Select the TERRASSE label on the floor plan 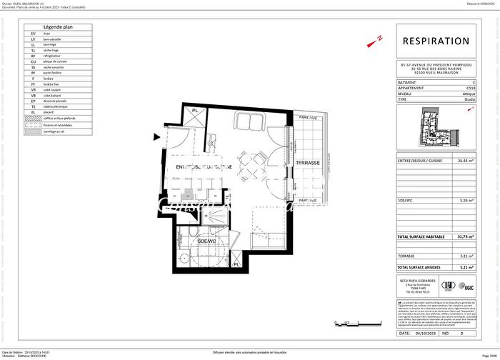[x=308, y=163]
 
